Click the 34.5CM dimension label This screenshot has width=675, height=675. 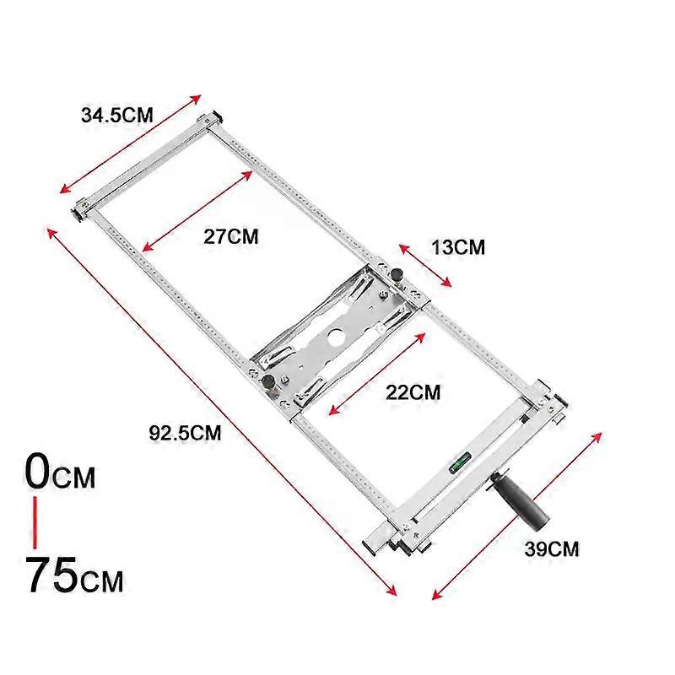(117, 116)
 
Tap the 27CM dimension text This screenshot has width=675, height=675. (230, 237)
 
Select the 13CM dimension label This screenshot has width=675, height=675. (458, 247)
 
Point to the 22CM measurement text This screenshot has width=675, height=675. (413, 392)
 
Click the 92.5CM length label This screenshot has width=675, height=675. (185, 433)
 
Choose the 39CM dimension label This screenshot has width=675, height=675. (552, 549)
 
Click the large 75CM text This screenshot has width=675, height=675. (75, 575)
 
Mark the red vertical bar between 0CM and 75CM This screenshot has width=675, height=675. (35, 523)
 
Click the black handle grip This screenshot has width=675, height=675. (520, 500)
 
